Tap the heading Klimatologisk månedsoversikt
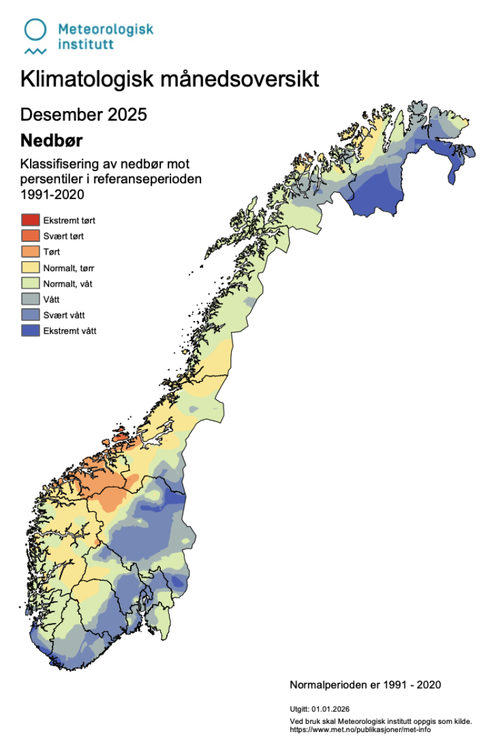[x=169, y=80]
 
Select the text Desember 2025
[x=84, y=114]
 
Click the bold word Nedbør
[x=51, y=140]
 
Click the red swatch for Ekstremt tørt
[x=30, y=220]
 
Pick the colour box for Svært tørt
[x=30, y=236]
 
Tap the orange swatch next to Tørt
[x=30, y=252]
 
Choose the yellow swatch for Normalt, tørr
[x=30, y=268]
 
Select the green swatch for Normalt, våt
[x=30, y=283]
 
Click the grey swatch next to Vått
[x=30, y=299]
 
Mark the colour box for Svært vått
[x=30, y=315]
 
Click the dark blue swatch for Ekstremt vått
[x=30, y=331]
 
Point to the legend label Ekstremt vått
[x=70, y=331]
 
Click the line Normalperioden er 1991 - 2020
[x=365, y=685]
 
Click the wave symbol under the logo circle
[x=35, y=50]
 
